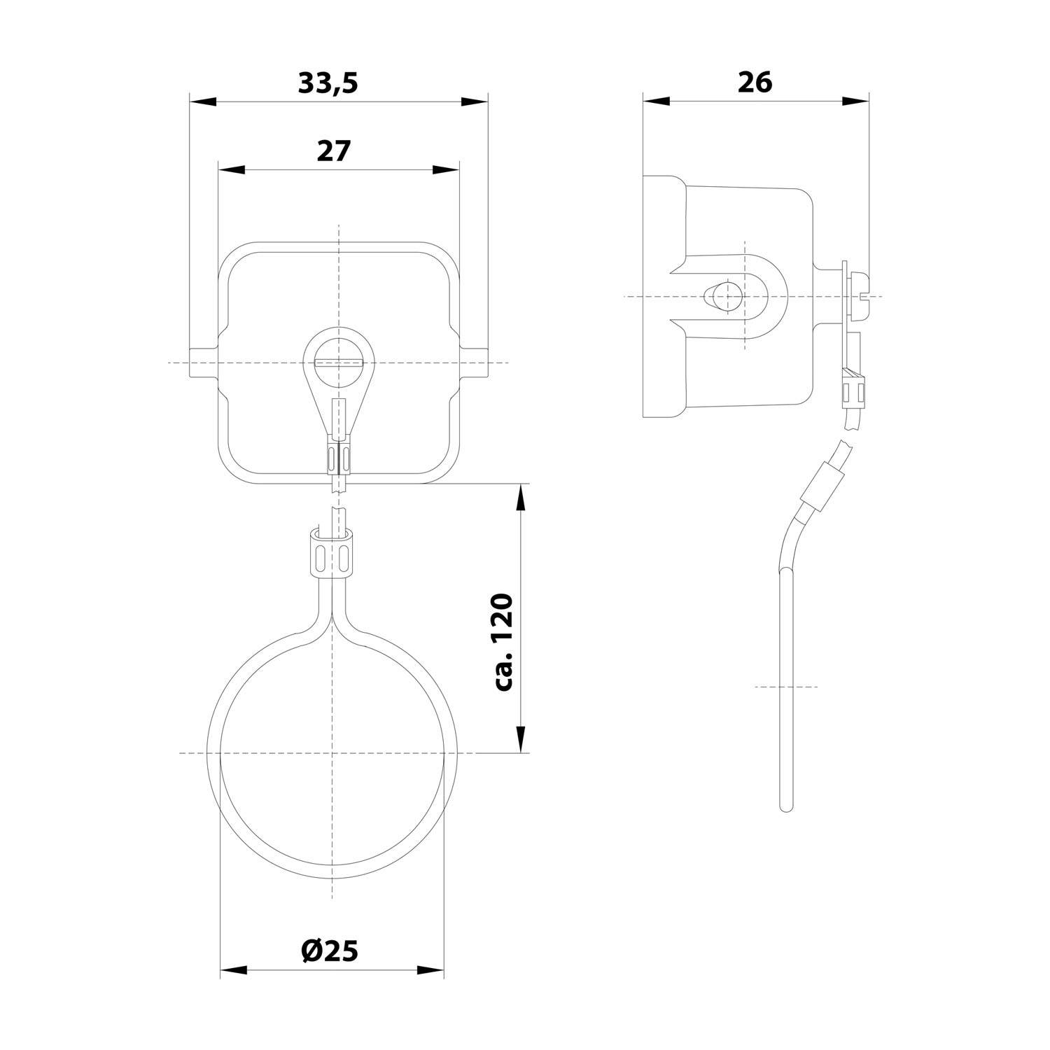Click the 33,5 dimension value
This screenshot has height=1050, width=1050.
point(328,83)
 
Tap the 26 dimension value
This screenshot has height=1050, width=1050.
point(755,83)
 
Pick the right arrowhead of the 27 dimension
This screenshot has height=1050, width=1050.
point(445,170)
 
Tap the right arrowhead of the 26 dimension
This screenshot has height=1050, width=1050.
point(855,101)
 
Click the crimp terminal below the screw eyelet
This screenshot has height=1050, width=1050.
point(339,455)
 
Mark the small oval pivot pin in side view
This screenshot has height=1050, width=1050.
point(720,297)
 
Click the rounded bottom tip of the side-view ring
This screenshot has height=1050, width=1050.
point(786,806)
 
